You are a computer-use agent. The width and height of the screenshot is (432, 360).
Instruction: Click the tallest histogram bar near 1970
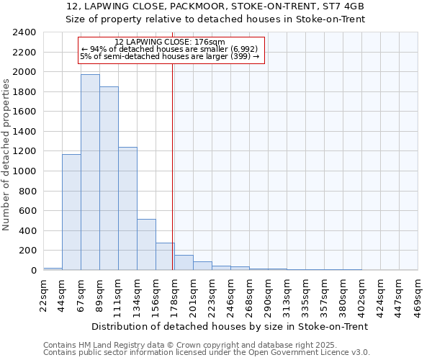[x=90, y=173]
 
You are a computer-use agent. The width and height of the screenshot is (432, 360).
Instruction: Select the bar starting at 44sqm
[x=71, y=212]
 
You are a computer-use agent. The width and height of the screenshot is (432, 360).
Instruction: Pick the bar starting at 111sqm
[x=127, y=209]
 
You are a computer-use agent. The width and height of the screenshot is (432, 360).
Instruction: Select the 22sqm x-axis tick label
[x=43, y=292]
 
